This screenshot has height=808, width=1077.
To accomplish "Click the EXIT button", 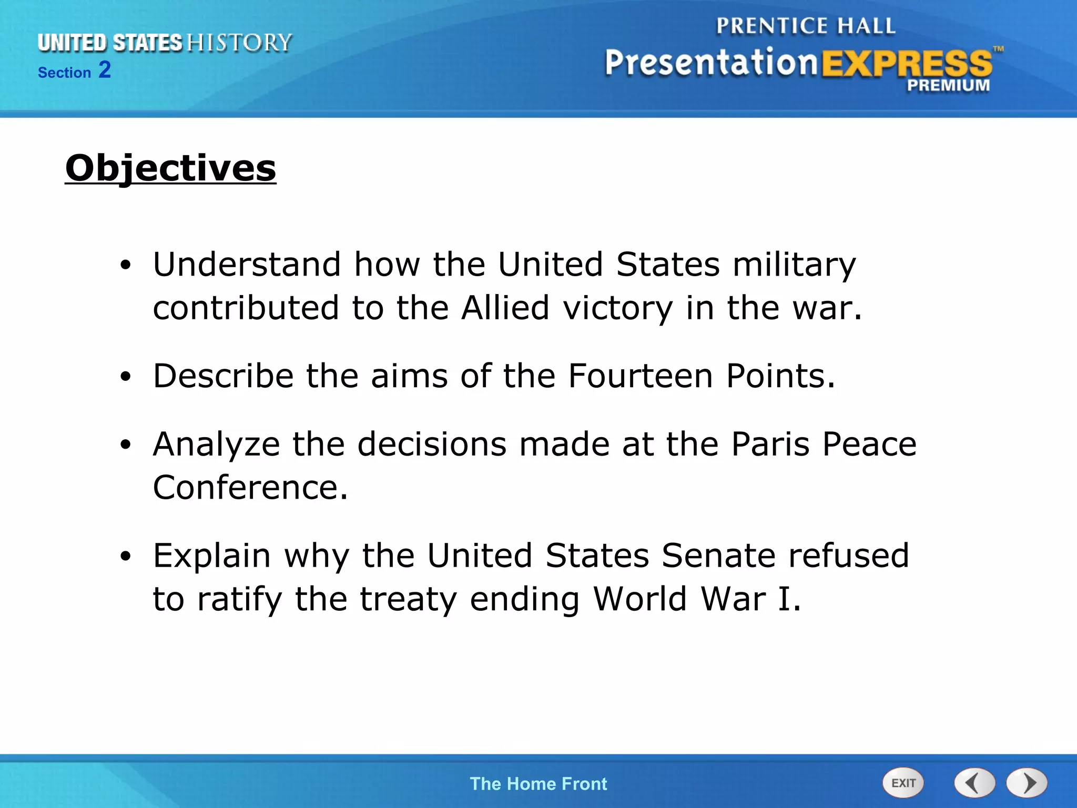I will coord(903,783).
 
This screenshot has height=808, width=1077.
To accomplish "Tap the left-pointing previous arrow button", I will coord(974,783).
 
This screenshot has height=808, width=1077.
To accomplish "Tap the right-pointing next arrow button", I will coord(1027,783).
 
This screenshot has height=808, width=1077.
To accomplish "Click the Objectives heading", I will coord(170,168).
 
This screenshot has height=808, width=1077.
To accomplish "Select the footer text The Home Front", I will coord(538,784).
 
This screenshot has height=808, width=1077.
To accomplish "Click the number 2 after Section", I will coord(105,70).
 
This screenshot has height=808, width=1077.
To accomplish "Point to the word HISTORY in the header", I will coord(239,43).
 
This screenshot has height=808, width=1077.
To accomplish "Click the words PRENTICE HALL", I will coord(805,26).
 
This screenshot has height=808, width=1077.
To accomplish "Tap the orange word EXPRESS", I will coord(907,63).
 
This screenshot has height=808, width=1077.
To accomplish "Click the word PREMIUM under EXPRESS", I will coord(948,85).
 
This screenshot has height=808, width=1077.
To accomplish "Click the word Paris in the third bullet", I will coord(770,444).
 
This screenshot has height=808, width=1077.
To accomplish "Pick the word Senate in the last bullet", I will coord(718,555).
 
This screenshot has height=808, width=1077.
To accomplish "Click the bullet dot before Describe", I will coord(125,377).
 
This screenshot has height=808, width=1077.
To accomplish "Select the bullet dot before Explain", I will coord(125,557).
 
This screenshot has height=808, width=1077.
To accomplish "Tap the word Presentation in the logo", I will coord(711,63).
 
